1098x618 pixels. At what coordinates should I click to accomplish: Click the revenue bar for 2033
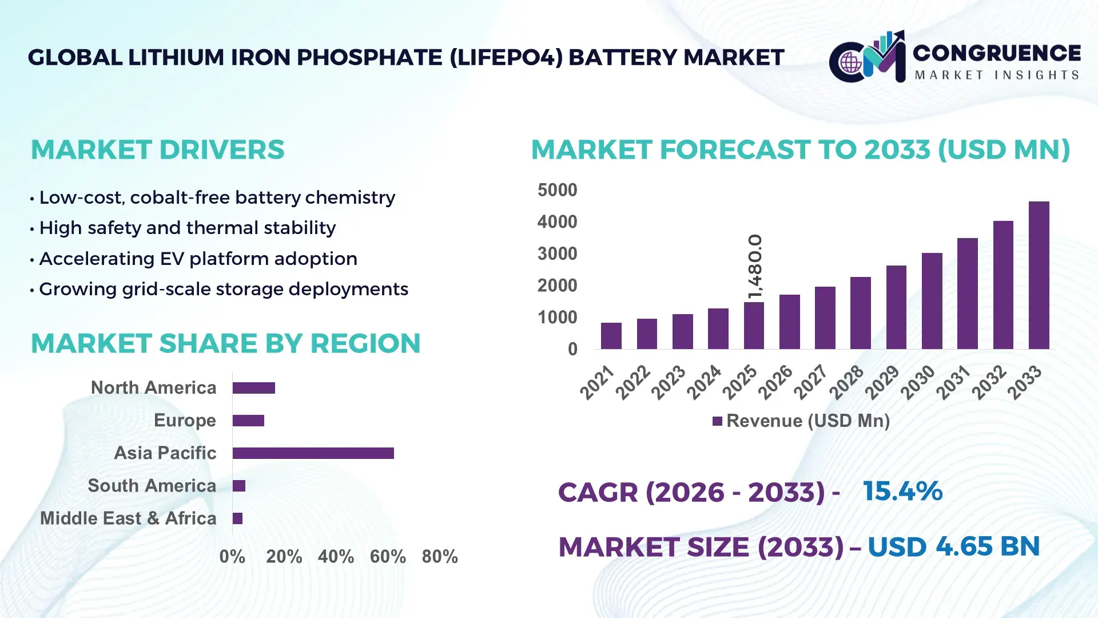(1039, 275)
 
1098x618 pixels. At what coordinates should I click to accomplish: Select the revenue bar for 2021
(611, 336)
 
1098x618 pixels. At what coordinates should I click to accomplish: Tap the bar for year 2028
(860, 313)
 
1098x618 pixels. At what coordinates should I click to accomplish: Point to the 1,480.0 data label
(755, 266)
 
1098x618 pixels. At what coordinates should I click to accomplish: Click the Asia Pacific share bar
(313, 453)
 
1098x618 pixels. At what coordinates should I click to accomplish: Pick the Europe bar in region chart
(248, 421)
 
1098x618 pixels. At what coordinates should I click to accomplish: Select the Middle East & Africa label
(128, 518)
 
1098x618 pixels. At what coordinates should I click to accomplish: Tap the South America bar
(239, 486)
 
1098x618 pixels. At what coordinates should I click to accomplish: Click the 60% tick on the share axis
(388, 556)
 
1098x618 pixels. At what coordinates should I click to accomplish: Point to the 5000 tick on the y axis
(557, 190)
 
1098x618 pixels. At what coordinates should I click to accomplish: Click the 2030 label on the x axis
(917, 382)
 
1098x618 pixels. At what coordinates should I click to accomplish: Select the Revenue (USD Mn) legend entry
(801, 421)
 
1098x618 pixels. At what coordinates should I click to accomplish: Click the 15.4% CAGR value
(902, 491)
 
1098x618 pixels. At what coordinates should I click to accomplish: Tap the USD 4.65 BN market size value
(953, 546)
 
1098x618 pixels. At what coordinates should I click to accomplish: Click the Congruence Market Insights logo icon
(867, 57)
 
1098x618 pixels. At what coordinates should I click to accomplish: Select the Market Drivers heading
(157, 150)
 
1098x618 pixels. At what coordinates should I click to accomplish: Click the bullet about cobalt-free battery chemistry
(216, 197)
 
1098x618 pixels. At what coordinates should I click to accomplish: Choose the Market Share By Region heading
(225, 343)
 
